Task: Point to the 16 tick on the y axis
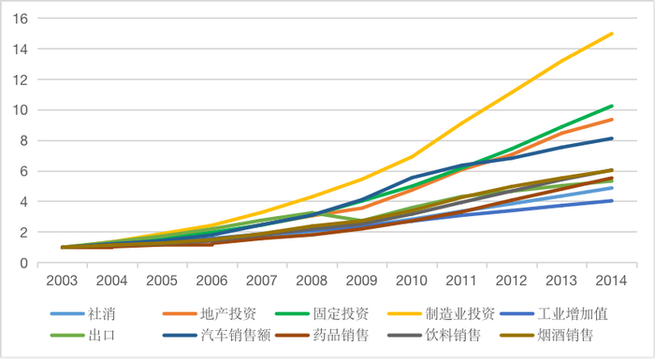coord(19,19)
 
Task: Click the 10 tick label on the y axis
coord(19,110)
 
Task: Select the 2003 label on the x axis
coord(62,279)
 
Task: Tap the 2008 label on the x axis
coord(311,279)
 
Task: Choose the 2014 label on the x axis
coord(610,279)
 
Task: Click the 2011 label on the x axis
coord(460,279)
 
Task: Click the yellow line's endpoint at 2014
coord(612,34)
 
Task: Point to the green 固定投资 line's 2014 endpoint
coord(612,106)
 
